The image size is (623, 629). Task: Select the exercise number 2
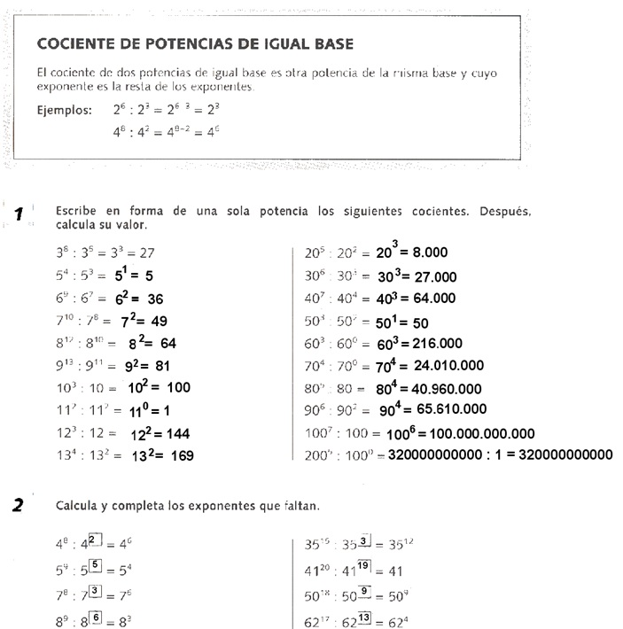[18, 506]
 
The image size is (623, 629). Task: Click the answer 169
[181, 456]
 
